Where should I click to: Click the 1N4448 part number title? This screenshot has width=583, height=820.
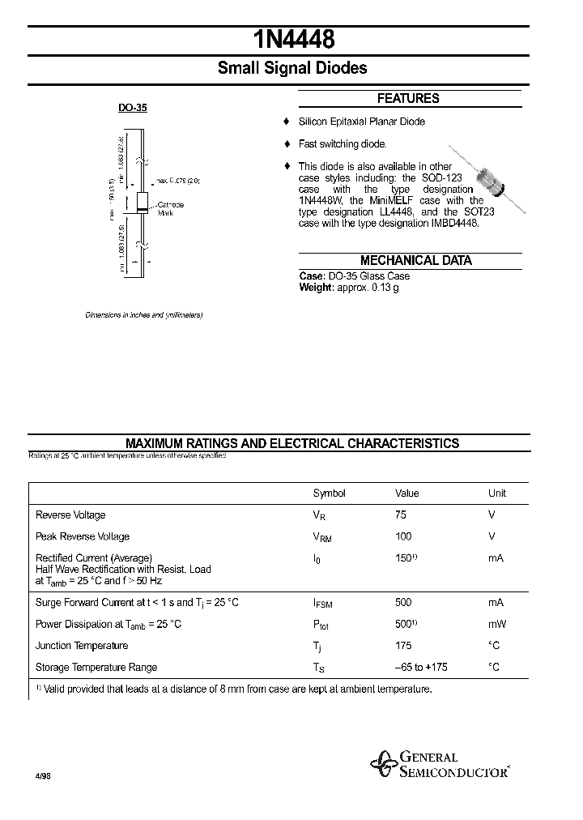pyautogui.click(x=292, y=40)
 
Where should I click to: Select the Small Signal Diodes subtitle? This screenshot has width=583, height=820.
pyautogui.click(x=292, y=68)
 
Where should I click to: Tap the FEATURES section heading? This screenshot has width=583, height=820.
pyautogui.click(x=408, y=98)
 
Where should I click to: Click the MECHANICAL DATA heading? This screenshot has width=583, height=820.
pyautogui.click(x=415, y=260)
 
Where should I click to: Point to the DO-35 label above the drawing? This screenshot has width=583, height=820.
pyautogui.click(x=133, y=107)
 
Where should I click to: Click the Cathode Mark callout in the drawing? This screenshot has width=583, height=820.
pyautogui.click(x=170, y=208)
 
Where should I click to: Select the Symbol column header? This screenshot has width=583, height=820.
pyautogui.click(x=329, y=493)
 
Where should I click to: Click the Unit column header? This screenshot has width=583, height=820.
pyautogui.click(x=496, y=493)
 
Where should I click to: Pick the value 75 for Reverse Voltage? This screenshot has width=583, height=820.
pyautogui.click(x=401, y=515)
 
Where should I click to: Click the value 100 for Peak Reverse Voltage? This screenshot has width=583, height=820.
pyautogui.click(x=403, y=536)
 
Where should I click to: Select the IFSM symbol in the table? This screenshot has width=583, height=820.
pyautogui.click(x=322, y=604)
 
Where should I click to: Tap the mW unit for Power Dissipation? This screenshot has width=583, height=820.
pyautogui.click(x=497, y=624)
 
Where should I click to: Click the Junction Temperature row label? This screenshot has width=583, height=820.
pyautogui.click(x=82, y=646)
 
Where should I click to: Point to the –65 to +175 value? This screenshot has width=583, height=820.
pyautogui.click(x=421, y=667)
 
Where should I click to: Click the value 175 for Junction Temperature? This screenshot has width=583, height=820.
pyautogui.click(x=403, y=646)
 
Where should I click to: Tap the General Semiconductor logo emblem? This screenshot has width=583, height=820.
pyautogui.click(x=382, y=763)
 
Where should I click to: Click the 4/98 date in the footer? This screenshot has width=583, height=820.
pyautogui.click(x=43, y=775)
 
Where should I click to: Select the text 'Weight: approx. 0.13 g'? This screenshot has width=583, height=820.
pyautogui.click(x=349, y=287)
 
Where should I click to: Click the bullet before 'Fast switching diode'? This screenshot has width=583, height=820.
pyautogui.click(x=286, y=144)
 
